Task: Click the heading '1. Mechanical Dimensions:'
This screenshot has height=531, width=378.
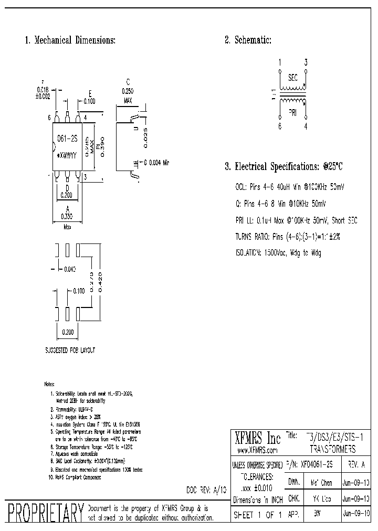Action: pyautogui.click(x=70, y=40)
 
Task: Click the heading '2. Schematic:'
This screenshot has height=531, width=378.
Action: pyautogui.click(x=248, y=40)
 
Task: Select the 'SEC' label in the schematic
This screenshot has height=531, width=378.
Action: pyautogui.click(x=292, y=78)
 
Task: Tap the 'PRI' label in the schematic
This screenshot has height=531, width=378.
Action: pyautogui.click(x=292, y=112)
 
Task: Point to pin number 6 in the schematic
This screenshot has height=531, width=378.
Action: pyautogui.click(x=280, y=126)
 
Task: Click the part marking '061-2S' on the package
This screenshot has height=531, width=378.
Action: pyautogui.click(x=67, y=139)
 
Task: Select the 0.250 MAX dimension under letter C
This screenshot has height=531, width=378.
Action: pyautogui.click(x=128, y=95)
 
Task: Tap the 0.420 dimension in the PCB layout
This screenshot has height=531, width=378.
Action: pyautogui.click(x=101, y=283)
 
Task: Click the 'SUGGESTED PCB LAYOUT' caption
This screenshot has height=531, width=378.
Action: pyautogui.click(x=70, y=349)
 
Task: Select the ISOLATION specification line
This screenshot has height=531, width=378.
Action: pyautogui.click(x=278, y=252)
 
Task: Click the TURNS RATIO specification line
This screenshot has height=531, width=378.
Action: pyautogui.click(x=288, y=236)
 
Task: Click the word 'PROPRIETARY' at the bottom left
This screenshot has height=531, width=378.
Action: pyautogui.click(x=44, y=512)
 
